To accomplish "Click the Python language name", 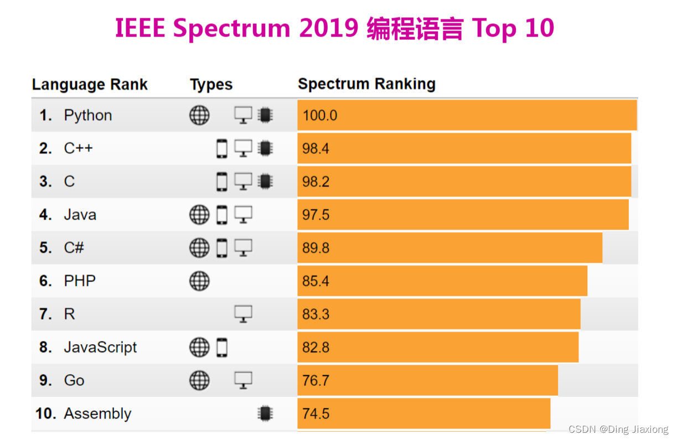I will (x=87, y=115).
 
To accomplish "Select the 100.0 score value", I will (x=319, y=115).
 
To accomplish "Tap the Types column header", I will (x=211, y=85).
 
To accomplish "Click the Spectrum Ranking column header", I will (x=366, y=84).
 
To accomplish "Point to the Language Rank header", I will (x=90, y=85).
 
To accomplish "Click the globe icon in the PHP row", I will (x=199, y=281).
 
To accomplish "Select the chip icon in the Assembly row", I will (x=265, y=413).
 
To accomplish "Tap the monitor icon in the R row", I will (x=243, y=314).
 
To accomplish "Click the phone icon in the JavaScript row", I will (x=222, y=348).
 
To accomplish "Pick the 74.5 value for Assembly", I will (x=316, y=413).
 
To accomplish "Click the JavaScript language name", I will (x=100, y=348).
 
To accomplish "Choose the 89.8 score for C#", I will (x=316, y=248).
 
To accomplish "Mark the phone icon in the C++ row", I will (x=222, y=148).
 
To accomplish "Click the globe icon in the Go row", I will (x=199, y=380).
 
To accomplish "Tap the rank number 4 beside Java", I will (x=45, y=215).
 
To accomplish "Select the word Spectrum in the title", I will (x=232, y=29).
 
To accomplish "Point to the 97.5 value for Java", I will (x=316, y=215).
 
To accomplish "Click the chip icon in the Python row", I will (x=265, y=115).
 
